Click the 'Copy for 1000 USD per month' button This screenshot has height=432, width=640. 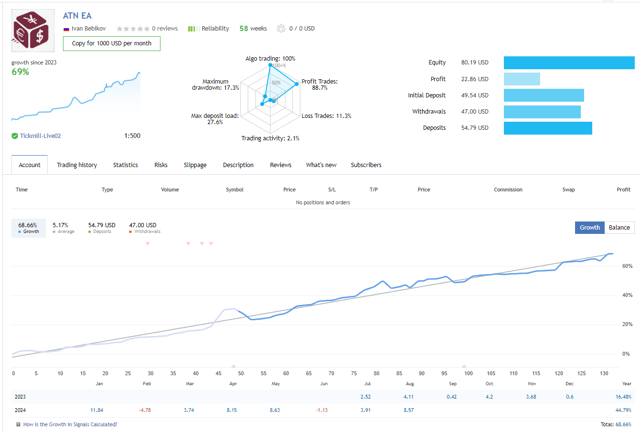pyautogui.click(x=112, y=43)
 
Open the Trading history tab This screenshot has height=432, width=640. pyautogui.click(x=77, y=165)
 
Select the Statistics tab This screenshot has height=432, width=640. pyautogui.click(x=126, y=165)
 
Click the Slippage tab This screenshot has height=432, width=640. pyautogui.click(x=195, y=165)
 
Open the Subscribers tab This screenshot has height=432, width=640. pyautogui.click(x=366, y=165)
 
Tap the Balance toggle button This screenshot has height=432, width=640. pyautogui.click(x=619, y=228)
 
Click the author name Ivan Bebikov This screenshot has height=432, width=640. pyautogui.click(x=88, y=29)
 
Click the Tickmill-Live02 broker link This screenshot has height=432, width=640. pyautogui.click(x=40, y=136)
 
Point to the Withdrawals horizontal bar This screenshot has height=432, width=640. pyautogui.click(x=542, y=112)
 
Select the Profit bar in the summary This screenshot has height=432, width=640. pyautogui.click(x=522, y=79)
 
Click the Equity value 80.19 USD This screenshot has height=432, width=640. pyautogui.click(x=475, y=63)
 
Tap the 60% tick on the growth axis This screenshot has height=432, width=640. pyautogui.click(x=627, y=266)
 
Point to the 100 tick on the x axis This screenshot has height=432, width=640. pyautogui.click(x=469, y=373)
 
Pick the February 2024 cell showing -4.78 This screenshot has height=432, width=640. pyautogui.click(x=145, y=410)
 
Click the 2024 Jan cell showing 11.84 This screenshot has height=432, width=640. pyautogui.click(x=96, y=410)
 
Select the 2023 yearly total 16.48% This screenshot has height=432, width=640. pyautogui.click(x=623, y=397)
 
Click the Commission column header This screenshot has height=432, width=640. pyautogui.click(x=508, y=190)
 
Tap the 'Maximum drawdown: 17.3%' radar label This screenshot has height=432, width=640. pyautogui.click(x=215, y=84)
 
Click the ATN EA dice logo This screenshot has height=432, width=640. pyautogui.click(x=30, y=31)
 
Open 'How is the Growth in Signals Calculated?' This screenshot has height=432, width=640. pyautogui.click(x=70, y=424)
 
